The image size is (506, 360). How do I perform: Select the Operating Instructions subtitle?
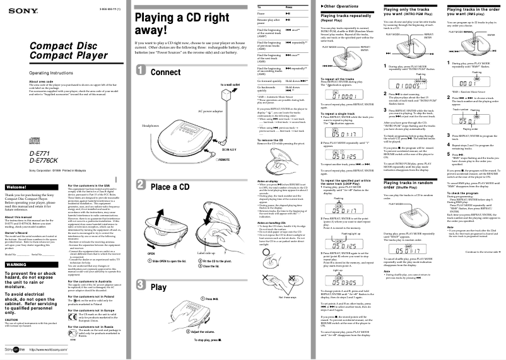click(30, 74)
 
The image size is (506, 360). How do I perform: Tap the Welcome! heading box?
click(16, 170)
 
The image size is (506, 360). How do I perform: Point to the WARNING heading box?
click(16, 265)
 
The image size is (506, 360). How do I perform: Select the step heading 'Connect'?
click(166, 72)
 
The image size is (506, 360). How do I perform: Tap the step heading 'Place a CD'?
click(170, 187)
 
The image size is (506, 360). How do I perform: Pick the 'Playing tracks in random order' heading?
click(409, 166)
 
